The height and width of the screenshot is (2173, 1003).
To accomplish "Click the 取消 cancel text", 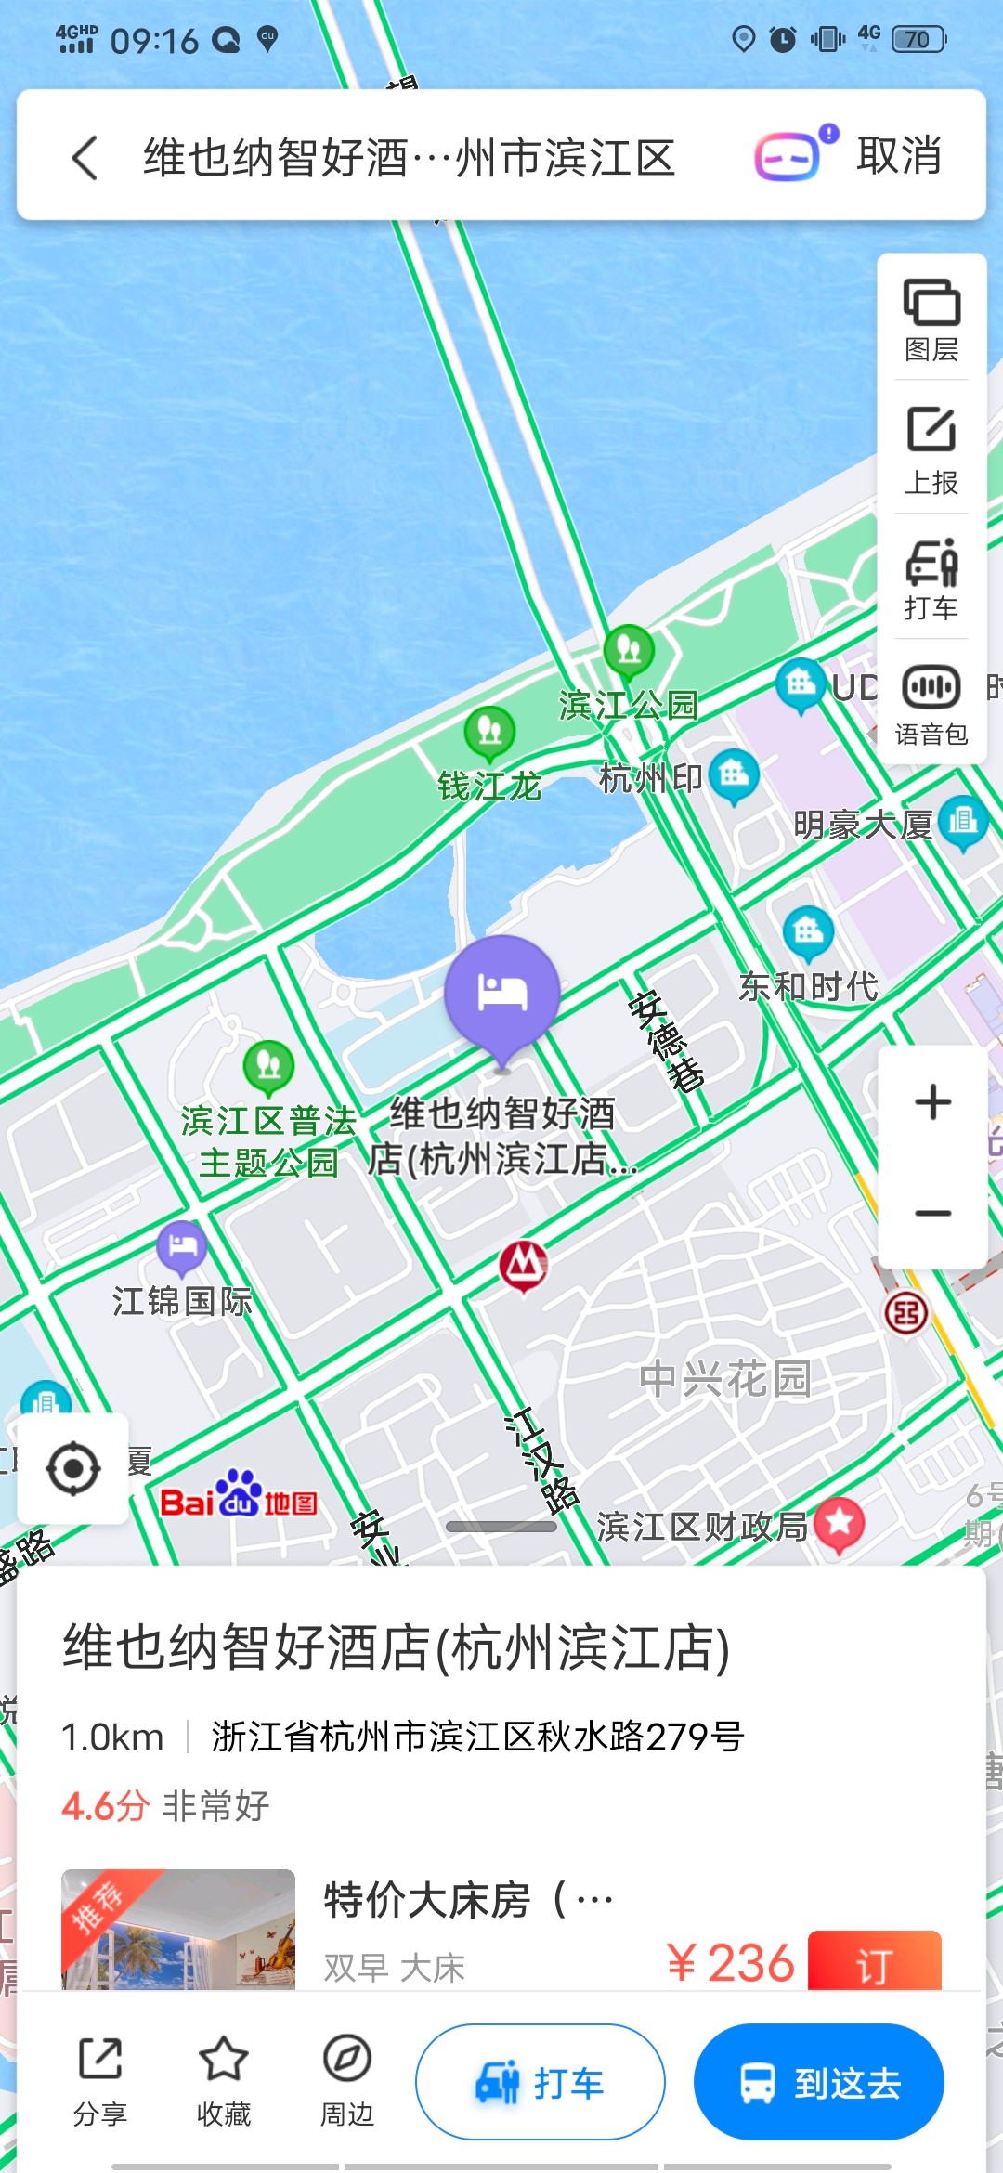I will point(898,155).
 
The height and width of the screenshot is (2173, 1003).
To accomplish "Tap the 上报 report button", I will point(931,449).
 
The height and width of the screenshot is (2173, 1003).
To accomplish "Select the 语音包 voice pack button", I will point(931,704).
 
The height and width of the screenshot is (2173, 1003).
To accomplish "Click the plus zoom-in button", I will point(932,1102).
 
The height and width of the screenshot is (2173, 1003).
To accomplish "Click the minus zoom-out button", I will point(932,1213).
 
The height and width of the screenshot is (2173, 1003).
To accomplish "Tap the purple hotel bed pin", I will point(502,995).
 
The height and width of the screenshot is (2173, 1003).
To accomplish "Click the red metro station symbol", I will point(524,1265).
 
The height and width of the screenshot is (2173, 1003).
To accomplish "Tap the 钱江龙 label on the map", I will point(489,787).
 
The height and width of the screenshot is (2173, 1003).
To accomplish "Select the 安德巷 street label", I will point(666,1040).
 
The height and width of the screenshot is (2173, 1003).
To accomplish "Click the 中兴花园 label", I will point(725,1379).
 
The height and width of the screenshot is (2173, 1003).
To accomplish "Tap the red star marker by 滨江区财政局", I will point(840,1523).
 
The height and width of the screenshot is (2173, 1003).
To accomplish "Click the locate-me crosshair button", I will point(73,1468).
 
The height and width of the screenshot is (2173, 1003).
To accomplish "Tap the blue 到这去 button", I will point(818,2081).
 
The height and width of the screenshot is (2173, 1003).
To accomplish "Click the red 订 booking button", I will point(874,1962).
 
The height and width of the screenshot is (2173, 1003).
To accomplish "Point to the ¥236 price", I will point(731,1962).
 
